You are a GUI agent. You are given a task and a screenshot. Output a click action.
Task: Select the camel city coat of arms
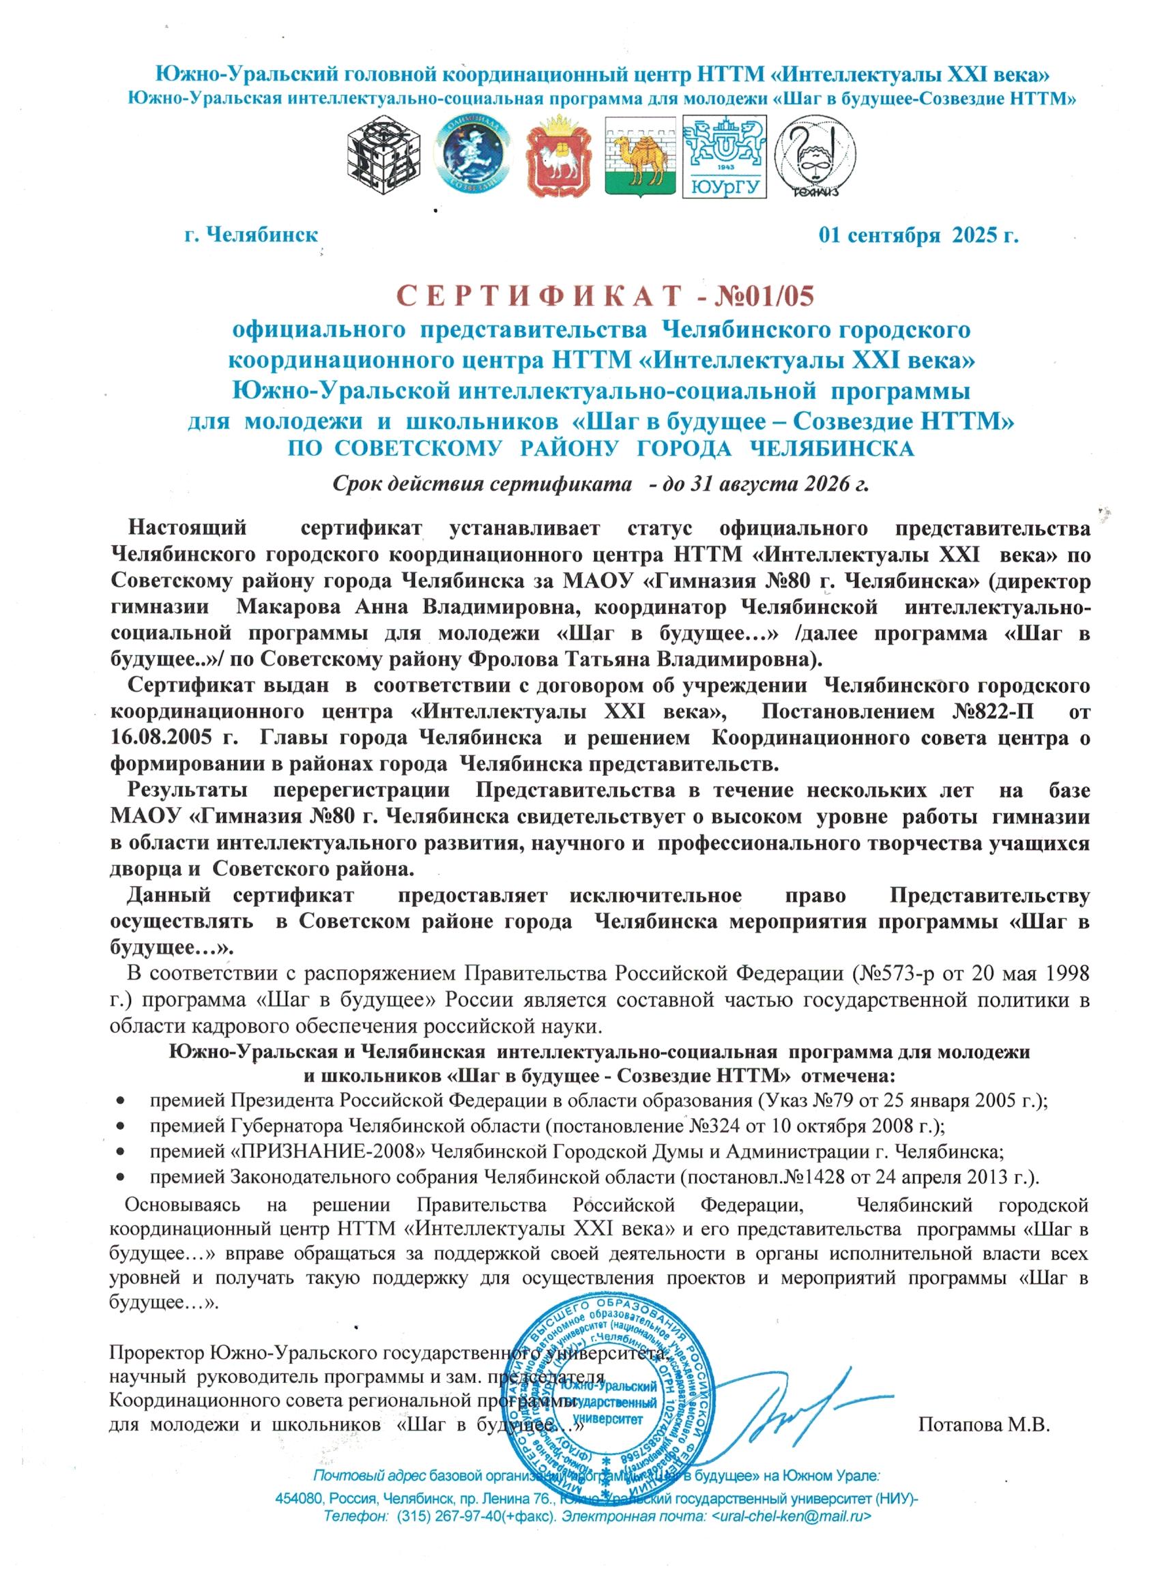(x=640, y=158)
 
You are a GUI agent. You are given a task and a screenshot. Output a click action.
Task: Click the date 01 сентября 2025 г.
(x=918, y=235)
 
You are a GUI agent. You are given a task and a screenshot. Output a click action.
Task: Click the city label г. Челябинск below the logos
(x=252, y=235)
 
